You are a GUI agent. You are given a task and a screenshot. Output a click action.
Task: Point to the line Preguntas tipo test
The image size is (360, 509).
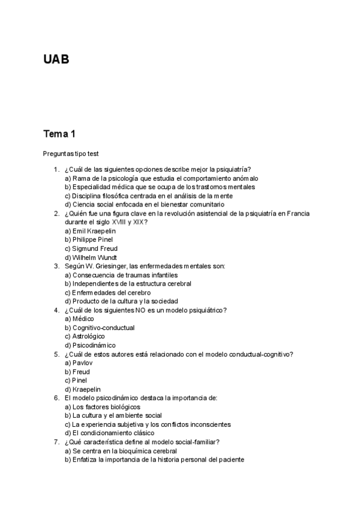click(x=74, y=154)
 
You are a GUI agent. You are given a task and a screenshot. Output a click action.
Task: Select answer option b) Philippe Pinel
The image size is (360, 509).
click(x=89, y=239)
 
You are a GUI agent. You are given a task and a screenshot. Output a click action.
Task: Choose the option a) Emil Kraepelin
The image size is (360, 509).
click(x=90, y=231)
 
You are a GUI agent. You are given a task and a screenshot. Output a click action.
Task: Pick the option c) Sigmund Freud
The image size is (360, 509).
click(x=91, y=248)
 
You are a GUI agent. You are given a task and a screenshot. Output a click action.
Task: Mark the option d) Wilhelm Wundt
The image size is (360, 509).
click(x=91, y=258)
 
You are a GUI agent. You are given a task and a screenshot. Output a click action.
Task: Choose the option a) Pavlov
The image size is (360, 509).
click(x=80, y=363)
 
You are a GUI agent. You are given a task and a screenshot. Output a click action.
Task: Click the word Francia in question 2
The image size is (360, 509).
click(x=300, y=213)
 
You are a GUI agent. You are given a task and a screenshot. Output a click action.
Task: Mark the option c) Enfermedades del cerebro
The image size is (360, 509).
click(x=107, y=292)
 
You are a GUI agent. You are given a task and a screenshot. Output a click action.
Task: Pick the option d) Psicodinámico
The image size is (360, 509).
click(x=91, y=345)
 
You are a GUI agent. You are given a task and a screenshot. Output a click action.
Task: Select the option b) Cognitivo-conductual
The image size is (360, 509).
click(x=100, y=328)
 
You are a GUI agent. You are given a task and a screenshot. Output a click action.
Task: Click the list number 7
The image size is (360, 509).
click(x=56, y=442)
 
